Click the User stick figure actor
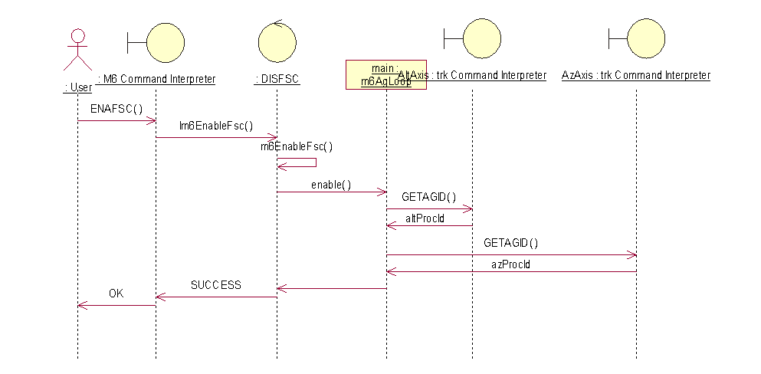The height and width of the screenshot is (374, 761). pyautogui.click(x=77, y=50)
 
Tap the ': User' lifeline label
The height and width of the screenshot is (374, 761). pyautogui.click(x=77, y=88)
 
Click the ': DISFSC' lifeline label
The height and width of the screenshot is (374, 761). pyautogui.click(x=277, y=78)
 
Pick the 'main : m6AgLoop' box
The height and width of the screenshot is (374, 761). pyautogui.click(x=385, y=75)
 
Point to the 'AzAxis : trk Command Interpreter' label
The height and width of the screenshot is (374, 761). pyautogui.click(x=636, y=75)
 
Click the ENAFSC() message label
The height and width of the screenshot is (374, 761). pyautogui.click(x=116, y=108)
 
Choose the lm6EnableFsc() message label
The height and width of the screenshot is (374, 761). pyautogui.click(x=216, y=126)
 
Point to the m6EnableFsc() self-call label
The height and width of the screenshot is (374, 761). pyautogui.click(x=297, y=146)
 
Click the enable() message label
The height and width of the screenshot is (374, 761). pyautogui.click(x=331, y=185)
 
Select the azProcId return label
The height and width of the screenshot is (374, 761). pyautogui.click(x=511, y=264)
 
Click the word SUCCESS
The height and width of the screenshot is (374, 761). pyautogui.click(x=215, y=285)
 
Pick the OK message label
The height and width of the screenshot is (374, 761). pyautogui.click(x=116, y=293)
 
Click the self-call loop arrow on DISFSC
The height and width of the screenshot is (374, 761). pyautogui.click(x=303, y=162)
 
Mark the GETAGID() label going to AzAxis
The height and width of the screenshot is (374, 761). pyautogui.click(x=511, y=243)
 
